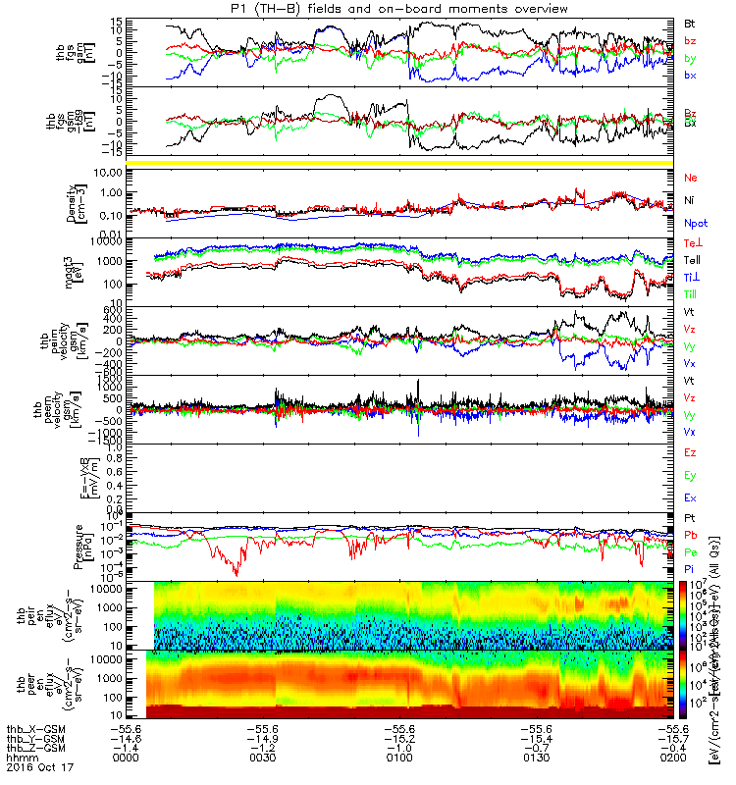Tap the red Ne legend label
pyautogui.click(x=692, y=178)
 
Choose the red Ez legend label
pyautogui.click(x=692, y=452)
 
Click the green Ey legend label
pyautogui.click(x=692, y=476)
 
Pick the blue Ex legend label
pyautogui.click(x=692, y=499)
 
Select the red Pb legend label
pyautogui.click(x=692, y=536)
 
